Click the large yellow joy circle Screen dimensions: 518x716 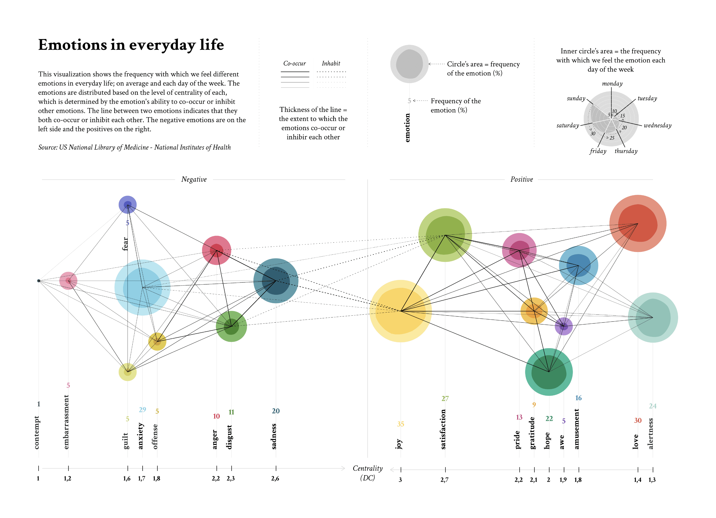point(400,311)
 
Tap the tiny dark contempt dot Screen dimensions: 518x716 point(39,281)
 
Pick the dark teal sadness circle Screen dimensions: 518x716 point(276,281)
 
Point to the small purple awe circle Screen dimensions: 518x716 point(564,326)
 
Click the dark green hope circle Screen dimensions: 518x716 point(549,372)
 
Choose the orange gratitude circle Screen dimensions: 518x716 point(534,311)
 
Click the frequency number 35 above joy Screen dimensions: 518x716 point(400,424)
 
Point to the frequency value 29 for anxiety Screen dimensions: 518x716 point(142,409)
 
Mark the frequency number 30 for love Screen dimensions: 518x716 point(638,420)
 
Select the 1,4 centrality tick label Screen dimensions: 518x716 point(637,480)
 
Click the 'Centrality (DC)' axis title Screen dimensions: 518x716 point(368,473)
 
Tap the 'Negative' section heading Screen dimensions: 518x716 point(194,179)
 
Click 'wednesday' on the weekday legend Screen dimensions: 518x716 point(657,125)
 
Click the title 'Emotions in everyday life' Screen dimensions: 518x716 point(131,45)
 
